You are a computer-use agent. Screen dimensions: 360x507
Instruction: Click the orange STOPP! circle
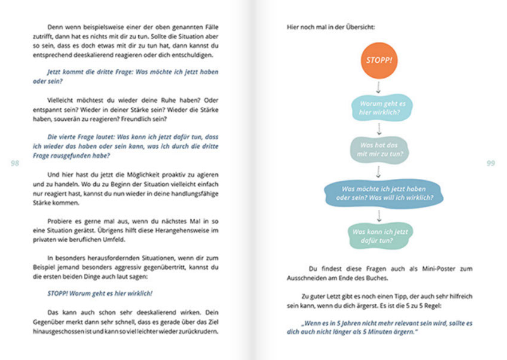[x=378, y=60]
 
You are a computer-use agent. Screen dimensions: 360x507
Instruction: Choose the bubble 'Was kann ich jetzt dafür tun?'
[x=380, y=236]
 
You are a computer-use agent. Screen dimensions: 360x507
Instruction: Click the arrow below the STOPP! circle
[x=378, y=87]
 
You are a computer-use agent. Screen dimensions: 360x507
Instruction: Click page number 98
[x=16, y=163]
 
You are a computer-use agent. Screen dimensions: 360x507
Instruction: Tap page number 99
[x=490, y=163]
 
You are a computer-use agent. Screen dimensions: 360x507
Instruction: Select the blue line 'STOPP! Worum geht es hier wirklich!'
[x=100, y=293]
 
